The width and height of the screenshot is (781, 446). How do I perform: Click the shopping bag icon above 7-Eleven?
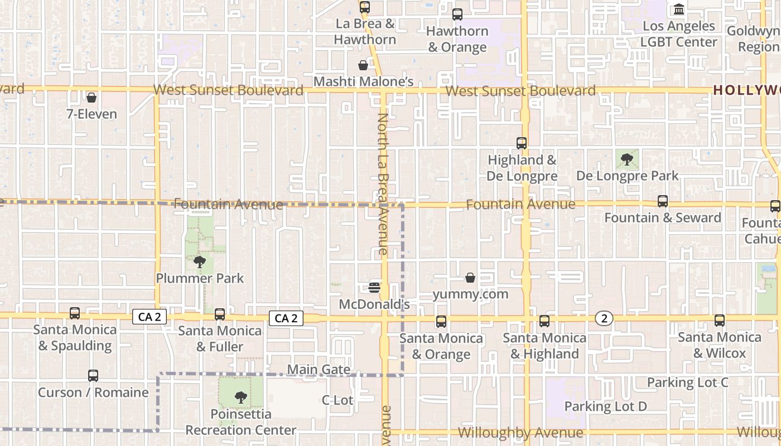point(91,98)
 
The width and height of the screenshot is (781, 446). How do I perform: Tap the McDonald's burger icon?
point(374,288)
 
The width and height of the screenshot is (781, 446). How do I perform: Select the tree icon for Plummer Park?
point(199,261)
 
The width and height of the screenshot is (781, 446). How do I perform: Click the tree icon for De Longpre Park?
point(627,159)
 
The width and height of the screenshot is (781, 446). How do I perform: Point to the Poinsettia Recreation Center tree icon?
point(240,397)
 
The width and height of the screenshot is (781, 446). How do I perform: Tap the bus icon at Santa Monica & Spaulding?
point(75,313)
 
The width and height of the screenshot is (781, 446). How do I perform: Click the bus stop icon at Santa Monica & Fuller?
point(220,314)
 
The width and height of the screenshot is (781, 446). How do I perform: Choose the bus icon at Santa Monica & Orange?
point(441,322)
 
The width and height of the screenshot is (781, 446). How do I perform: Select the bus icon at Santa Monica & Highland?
point(544,321)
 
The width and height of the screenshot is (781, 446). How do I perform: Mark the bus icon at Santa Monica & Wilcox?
point(720,321)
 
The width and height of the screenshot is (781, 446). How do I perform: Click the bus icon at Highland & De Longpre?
point(522,143)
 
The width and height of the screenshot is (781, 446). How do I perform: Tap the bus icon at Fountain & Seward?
point(663,201)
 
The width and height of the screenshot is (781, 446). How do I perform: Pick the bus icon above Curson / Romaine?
point(93,376)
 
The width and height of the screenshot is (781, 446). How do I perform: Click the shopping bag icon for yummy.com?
point(470,278)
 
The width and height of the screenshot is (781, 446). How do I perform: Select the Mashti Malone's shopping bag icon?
point(363,65)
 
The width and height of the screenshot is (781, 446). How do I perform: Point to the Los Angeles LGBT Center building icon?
point(679,9)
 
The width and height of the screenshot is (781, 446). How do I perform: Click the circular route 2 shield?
point(604,318)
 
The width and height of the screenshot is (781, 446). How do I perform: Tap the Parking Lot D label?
point(605,406)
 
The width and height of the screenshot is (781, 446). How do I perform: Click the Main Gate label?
point(319,370)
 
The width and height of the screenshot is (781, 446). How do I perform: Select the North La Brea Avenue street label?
point(383,184)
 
